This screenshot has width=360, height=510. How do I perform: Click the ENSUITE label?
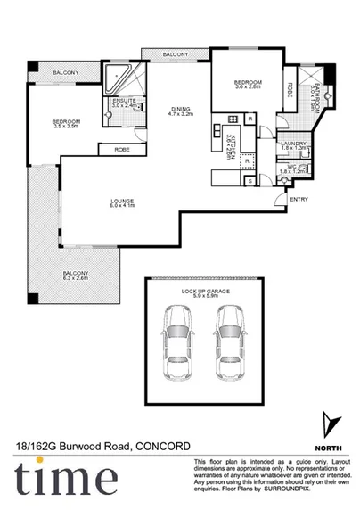pos(125,100)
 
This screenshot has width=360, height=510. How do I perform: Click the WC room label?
pos(292,165)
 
